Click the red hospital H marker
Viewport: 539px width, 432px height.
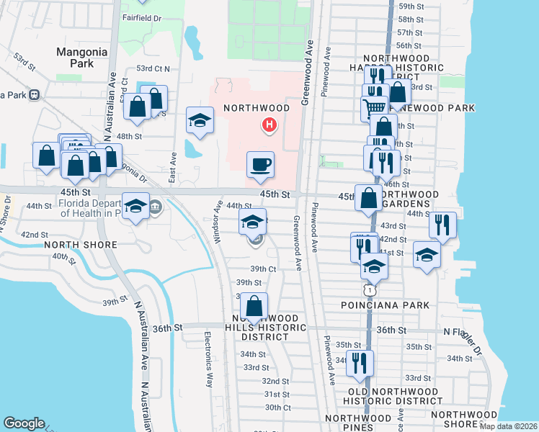269,126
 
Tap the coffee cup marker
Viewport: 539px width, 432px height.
260,165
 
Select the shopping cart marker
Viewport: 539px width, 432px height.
374,109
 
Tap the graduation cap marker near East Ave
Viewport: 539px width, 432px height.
200,121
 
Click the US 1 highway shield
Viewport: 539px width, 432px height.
370,289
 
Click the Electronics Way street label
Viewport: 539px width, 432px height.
208,360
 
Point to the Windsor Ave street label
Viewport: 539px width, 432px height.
216,221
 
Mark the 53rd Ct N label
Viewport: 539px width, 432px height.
153,69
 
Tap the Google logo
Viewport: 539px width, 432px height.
24,423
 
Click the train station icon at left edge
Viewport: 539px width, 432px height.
34,95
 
